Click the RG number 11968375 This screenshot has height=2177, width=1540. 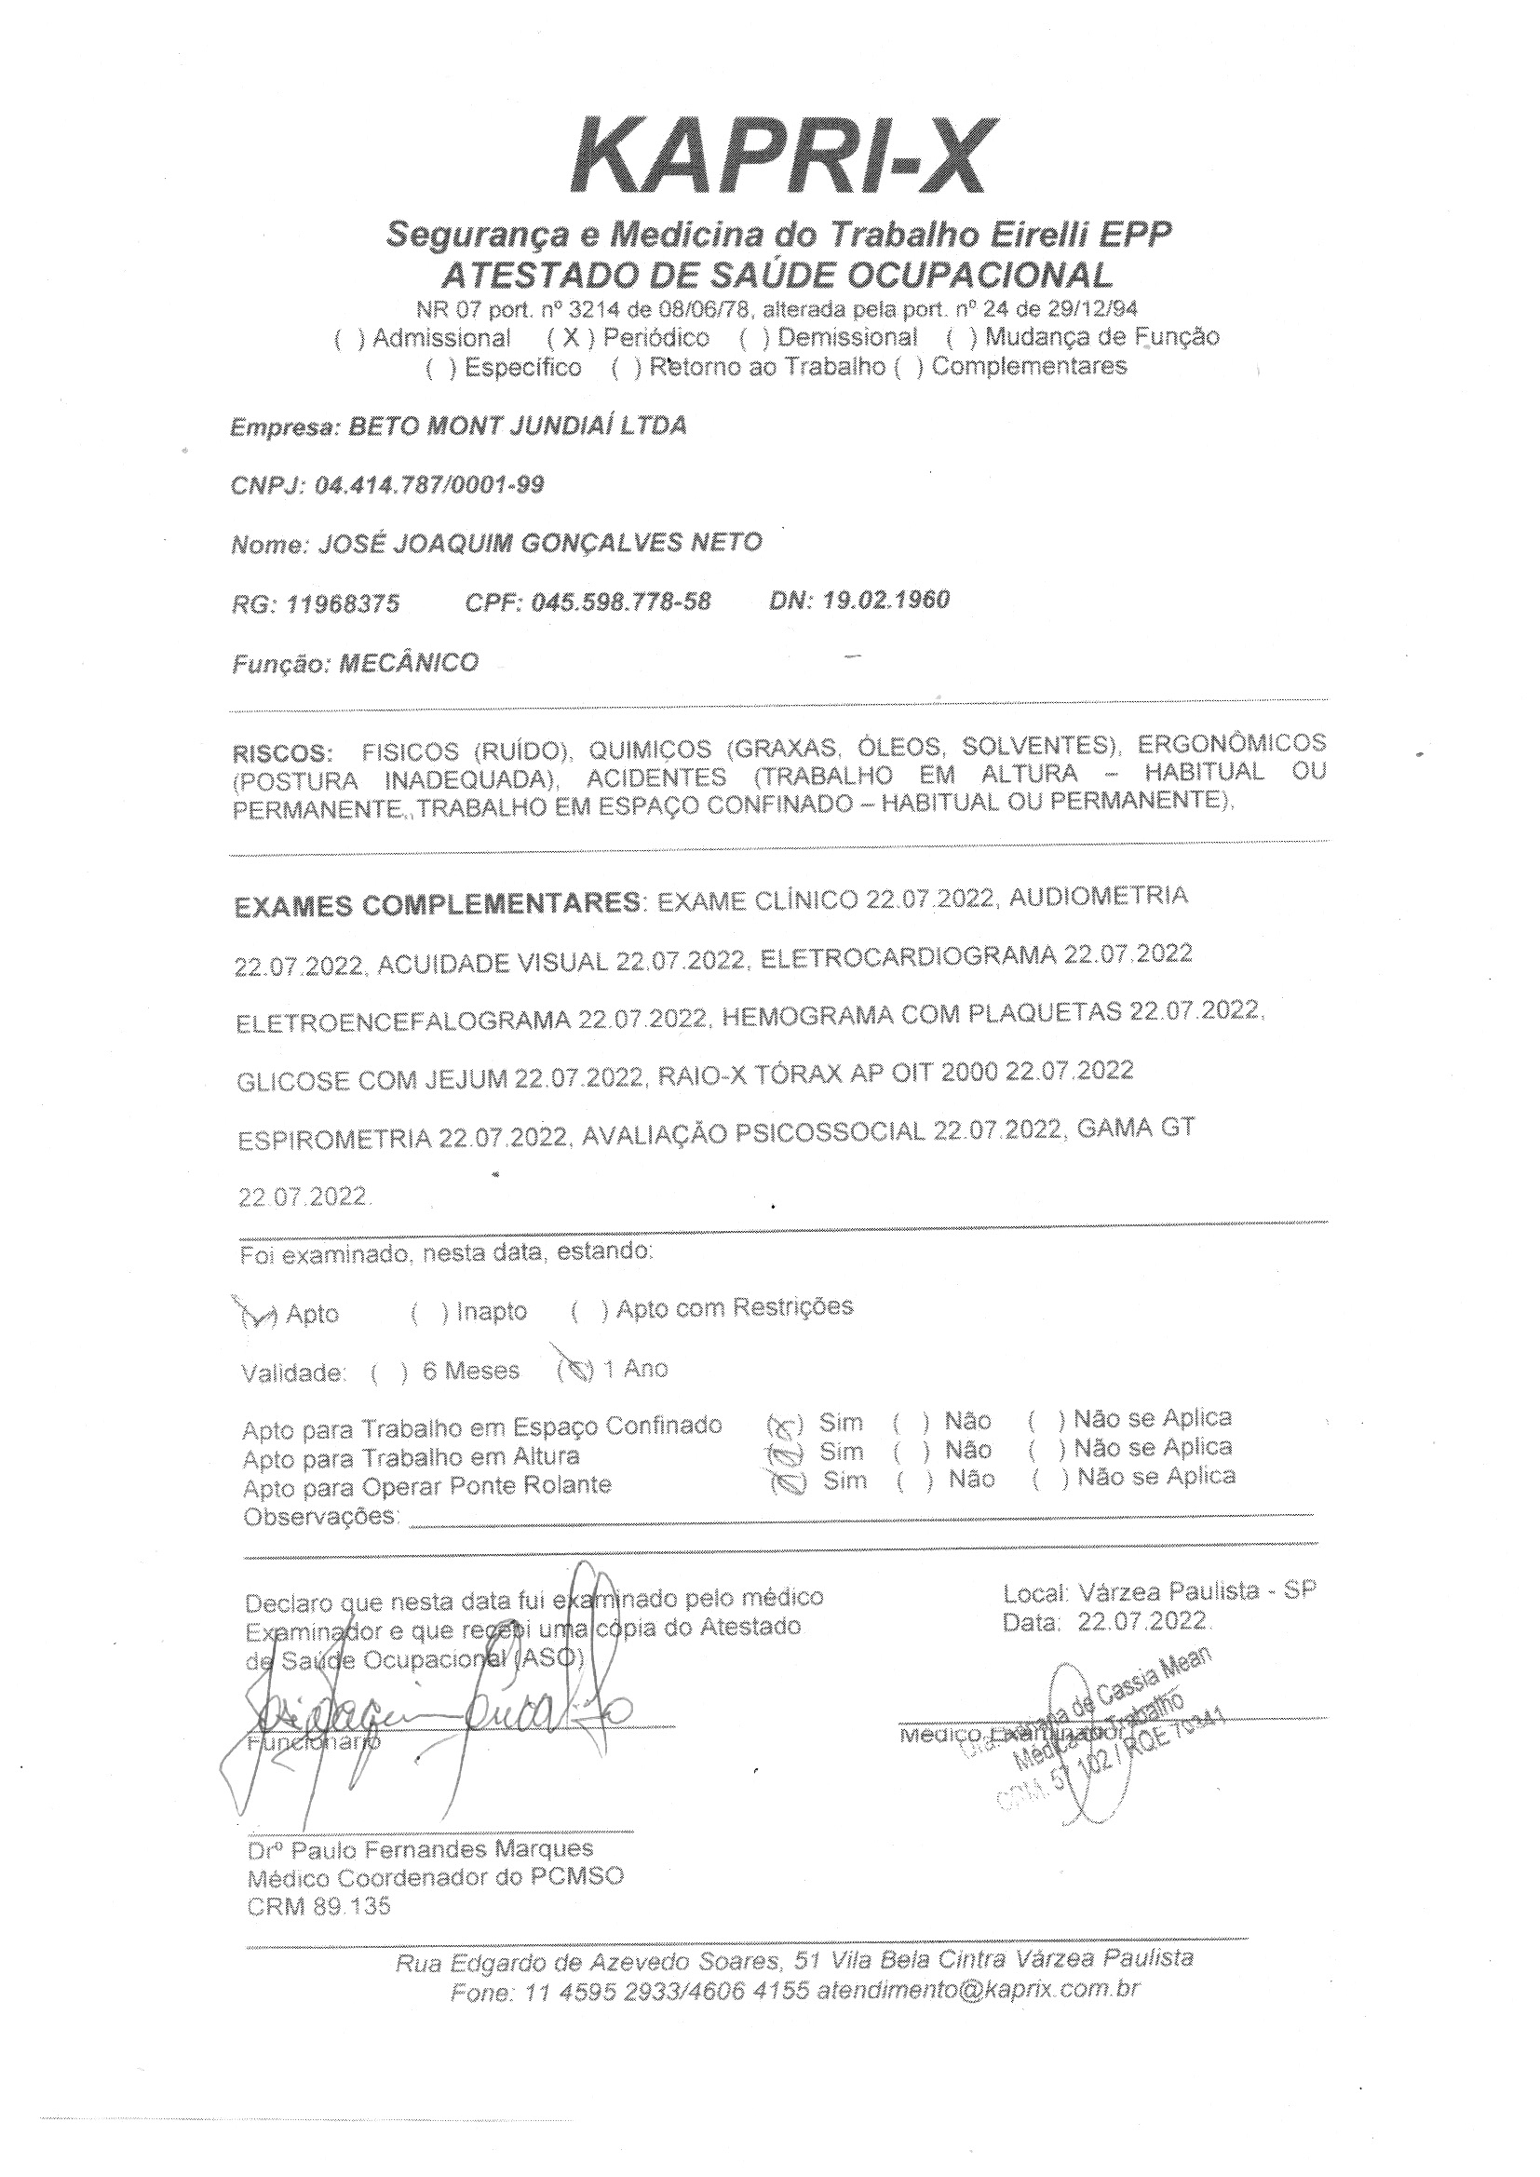(x=343, y=604)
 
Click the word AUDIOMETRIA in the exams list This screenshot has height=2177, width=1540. (x=1098, y=896)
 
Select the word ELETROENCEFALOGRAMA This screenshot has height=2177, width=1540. (x=402, y=1020)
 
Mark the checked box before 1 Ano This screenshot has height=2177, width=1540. (x=575, y=1369)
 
